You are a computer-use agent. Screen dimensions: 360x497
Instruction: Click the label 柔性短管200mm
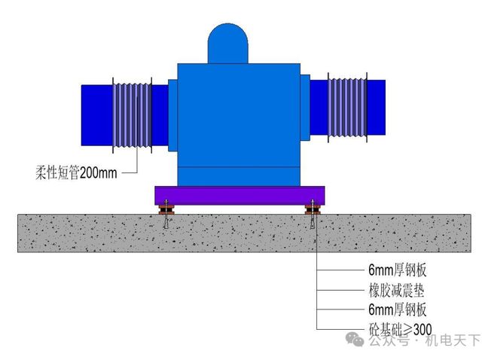[76, 172]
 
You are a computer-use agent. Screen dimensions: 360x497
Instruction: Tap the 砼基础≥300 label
[400, 328]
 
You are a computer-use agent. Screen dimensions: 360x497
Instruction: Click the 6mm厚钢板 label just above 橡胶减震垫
[398, 270]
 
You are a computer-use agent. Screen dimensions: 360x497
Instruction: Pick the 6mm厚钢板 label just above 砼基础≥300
[398, 309]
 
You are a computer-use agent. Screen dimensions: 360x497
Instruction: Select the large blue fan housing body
[239, 121]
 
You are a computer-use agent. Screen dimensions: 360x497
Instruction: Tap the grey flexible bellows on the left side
[131, 114]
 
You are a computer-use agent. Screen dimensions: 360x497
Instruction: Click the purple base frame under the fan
[239, 195]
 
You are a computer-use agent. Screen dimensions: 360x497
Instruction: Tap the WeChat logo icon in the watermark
[354, 340]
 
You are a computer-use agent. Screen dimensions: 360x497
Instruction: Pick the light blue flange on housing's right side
[305, 107]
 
